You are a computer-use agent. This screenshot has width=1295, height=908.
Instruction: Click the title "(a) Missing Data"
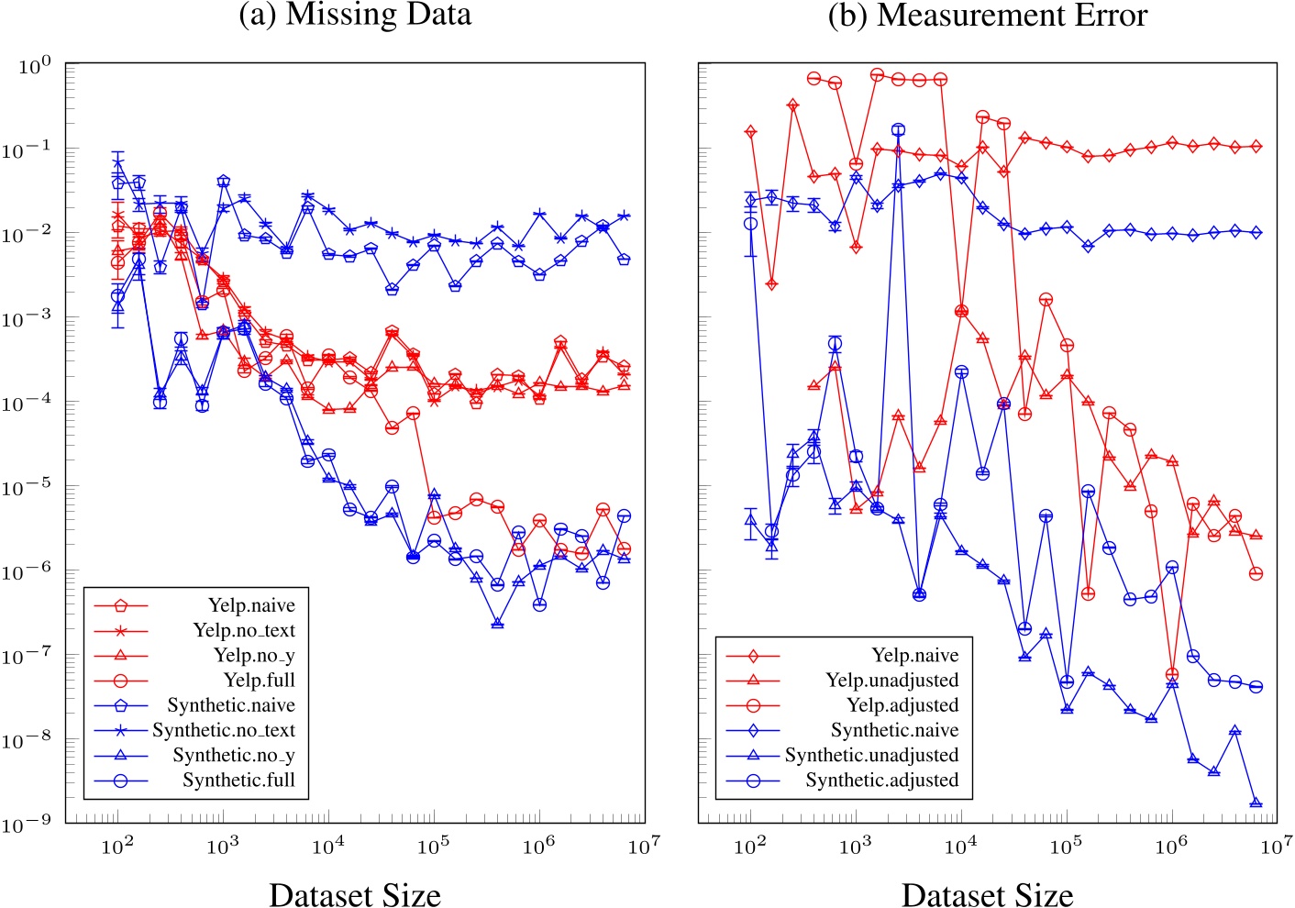pos(355,15)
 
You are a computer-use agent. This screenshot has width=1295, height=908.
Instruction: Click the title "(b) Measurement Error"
pos(987,15)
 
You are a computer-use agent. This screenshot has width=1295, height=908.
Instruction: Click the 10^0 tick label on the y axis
pos(34,65)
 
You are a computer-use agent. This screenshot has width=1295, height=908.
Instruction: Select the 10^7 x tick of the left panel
pos(644,846)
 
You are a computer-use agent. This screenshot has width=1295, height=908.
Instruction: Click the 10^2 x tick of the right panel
pos(750,846)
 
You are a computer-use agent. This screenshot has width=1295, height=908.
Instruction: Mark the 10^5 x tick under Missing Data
pos(433,846)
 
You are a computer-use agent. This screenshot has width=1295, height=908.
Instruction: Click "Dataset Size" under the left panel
pos(355,894)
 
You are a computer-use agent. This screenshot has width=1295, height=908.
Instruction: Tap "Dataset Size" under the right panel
pos(987,894)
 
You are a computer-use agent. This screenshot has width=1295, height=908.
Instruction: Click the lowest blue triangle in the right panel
pos(1256,803)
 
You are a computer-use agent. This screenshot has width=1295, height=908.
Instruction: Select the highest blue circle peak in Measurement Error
pos(898,130)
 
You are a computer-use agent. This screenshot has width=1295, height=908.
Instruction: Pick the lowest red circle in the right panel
pos(1172,675)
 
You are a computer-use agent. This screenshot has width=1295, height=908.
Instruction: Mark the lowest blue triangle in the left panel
pos(497,623)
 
